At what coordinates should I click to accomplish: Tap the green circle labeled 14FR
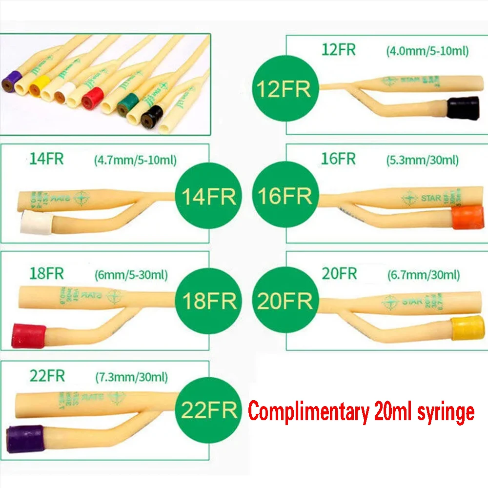tap(209, 196)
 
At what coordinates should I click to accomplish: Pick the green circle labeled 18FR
tap(209, 301)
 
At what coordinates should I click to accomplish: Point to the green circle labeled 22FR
tap(209, 409)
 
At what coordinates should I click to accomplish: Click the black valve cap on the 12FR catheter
tap(464, 109)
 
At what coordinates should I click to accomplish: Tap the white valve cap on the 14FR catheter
tap(37, 224)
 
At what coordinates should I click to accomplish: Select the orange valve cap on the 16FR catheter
tap(468, 217)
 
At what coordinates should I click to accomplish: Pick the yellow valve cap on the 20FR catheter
tap(467, 328)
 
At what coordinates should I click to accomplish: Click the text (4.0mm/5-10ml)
tap(427, 50)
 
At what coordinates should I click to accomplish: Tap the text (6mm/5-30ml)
tap(131, 274)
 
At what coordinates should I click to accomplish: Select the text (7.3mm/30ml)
tap(131, 377)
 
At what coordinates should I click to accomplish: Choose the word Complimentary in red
tap(308, 411)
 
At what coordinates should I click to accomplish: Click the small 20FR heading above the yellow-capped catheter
tap(339, 273)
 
